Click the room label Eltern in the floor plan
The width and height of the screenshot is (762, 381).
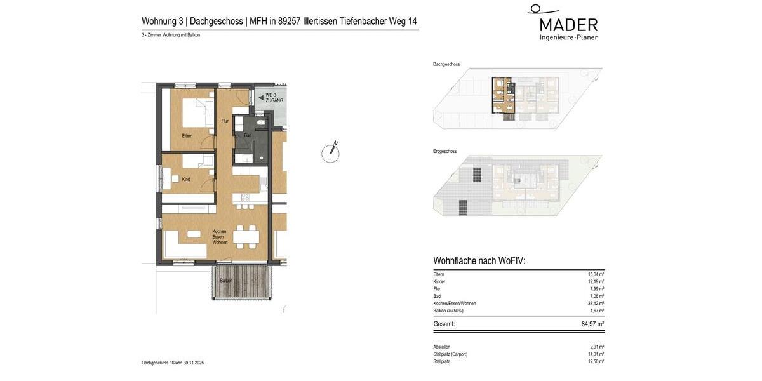187,136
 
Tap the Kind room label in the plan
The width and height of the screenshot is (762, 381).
185,180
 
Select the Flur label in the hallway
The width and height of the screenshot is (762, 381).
224,121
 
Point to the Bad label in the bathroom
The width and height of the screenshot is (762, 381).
248,135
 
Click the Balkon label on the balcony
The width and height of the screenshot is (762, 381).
226,280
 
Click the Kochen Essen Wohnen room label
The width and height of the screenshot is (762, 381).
219,237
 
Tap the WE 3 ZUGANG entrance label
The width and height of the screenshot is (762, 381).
274,98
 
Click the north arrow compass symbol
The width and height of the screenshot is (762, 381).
330,152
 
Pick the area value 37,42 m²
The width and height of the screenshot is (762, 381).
594,304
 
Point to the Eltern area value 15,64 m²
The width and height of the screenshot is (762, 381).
594,274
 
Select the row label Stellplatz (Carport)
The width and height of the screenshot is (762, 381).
450,354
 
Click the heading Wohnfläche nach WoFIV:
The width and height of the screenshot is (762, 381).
479,261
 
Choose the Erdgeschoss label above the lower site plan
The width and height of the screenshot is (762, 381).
444,152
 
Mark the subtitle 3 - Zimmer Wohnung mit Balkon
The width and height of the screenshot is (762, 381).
171,36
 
